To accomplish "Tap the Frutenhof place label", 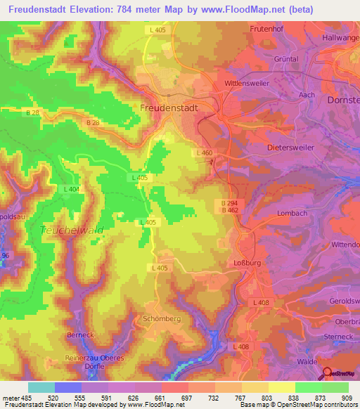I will (266, 29).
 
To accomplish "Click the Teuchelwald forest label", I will (72, 230).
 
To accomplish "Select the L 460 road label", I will (204, 152).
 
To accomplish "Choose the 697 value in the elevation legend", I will (187, 397).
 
